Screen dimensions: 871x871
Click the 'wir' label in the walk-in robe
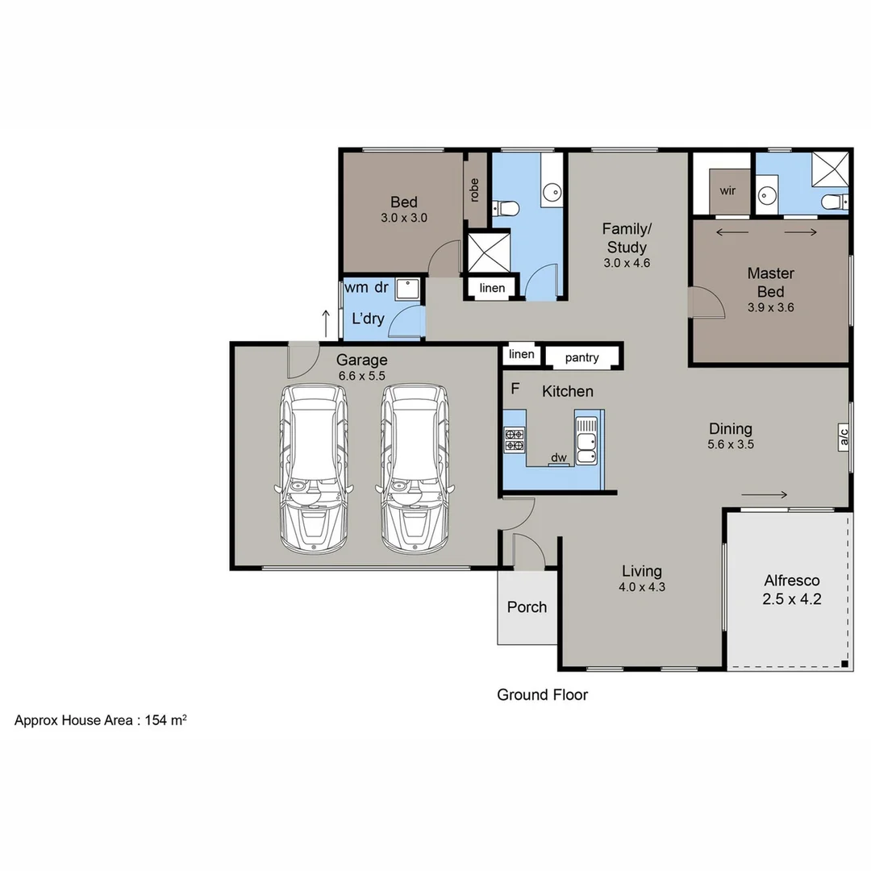[727, 191]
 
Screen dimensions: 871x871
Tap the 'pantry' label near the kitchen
[581, 356]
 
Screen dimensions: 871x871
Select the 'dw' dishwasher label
[558, 458]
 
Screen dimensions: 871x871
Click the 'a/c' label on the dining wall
[844, 437]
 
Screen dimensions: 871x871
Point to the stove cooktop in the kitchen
[514, 440]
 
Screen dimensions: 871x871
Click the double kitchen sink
[586, 441]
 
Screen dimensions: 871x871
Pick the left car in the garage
[313, 468]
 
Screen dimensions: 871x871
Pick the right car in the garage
[415, 468]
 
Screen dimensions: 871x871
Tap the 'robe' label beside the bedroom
[474, 189]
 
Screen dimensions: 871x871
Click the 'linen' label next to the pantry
[521, 354]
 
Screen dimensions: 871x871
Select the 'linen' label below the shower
[492, 288]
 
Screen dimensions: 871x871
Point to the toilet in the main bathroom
[507, 210]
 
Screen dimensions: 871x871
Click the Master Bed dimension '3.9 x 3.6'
[770, 306]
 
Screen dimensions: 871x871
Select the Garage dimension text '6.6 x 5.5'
[362, 376]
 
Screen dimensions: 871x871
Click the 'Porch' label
[527, 607]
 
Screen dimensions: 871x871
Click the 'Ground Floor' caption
[542, 694]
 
